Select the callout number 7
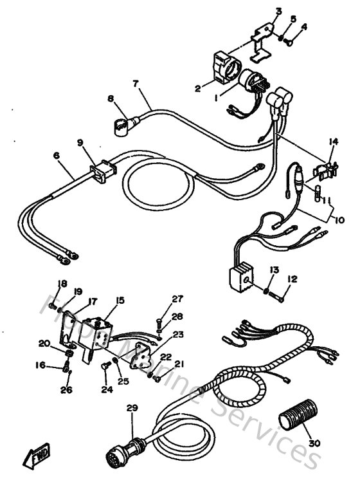point(135,84)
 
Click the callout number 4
point(304,27)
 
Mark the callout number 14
point(332,142)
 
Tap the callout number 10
point(340,220)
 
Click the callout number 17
point(93,300)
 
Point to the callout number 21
point(179,364)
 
